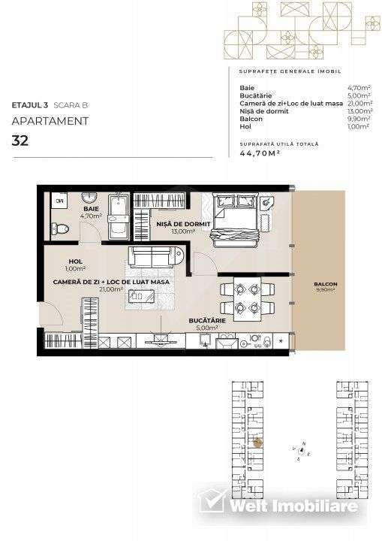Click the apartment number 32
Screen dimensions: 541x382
click(x=20, y=140)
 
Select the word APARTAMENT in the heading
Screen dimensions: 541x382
click(x=50, y=120)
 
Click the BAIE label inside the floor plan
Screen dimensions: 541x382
click(x=90, y=210)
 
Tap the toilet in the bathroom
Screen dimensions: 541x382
click(x=59, y=228)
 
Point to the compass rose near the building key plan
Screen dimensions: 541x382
click(x=302, y=451)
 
